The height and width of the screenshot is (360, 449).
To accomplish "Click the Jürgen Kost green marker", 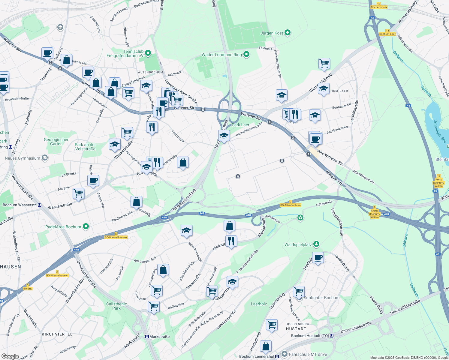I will tap(288, 33).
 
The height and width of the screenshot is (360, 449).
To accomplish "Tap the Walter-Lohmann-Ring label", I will tap(221, 55).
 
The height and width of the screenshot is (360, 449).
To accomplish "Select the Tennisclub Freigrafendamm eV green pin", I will tap(148, 53).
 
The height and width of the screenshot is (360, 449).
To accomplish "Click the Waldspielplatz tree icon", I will tap(316, 244).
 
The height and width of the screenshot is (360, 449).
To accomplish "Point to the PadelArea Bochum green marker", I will tap(86, 226).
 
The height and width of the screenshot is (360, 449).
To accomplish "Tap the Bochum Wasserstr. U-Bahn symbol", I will tap(40, 205).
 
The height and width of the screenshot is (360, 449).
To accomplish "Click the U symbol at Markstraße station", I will tap(147, 337).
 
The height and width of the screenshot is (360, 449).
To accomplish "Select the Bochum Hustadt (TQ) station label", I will tap(310, 336).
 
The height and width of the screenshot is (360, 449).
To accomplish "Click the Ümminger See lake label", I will tap(440, 131).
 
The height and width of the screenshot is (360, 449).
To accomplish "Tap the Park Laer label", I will tap(240, 125).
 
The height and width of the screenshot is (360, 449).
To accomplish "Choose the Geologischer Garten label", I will tap(56, 142).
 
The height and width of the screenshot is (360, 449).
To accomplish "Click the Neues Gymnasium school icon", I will tap(45, 158).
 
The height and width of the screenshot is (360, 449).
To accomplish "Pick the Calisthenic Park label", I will tap(116, 306).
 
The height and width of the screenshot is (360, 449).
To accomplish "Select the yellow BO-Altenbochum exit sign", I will tap(290, 205).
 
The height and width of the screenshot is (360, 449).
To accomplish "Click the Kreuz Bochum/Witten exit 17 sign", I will tap(438, 181).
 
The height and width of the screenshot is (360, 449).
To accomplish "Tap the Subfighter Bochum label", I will tap(321, 298).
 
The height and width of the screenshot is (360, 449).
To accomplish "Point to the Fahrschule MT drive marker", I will tap(284, 354).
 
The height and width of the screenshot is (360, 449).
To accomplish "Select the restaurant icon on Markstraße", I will tap(231, 241).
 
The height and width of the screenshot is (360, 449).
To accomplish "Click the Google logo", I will tap(10, 356).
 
